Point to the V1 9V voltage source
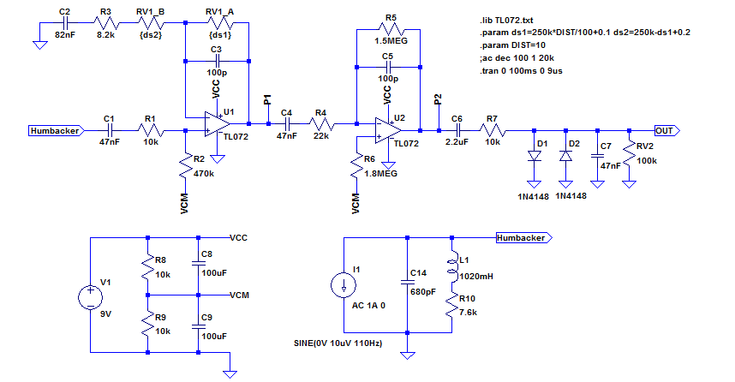(x=90, y=298)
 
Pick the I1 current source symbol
(x=344, y=285)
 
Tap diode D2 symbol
(x=565, y=157)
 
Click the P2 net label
(x=439, y=102)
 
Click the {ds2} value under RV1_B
(x=150, y=36)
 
